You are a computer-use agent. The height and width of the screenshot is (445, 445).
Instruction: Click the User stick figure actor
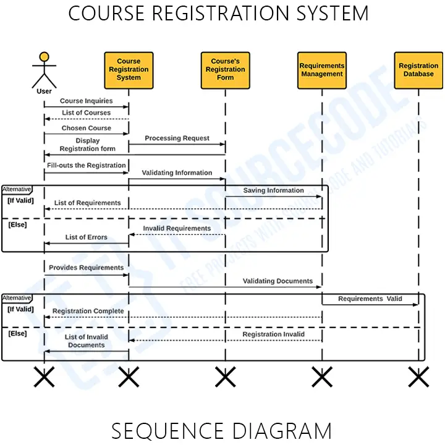point(44,70)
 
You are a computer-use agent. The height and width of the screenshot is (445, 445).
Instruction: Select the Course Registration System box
point(129,70)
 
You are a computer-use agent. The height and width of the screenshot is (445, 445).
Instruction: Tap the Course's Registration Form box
point(225,70)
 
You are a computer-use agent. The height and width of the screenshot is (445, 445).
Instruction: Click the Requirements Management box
point(321,70)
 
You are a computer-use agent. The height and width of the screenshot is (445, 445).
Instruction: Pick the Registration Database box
point(418,70)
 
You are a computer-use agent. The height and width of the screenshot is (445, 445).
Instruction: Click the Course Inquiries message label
point(86,101)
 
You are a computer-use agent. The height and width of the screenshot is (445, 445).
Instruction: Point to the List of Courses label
point(86,113)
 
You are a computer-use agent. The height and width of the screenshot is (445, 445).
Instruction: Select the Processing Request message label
point(177,138)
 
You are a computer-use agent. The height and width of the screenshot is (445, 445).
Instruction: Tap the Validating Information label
point(177,173)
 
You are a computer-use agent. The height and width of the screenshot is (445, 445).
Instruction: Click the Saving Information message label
point(273,190)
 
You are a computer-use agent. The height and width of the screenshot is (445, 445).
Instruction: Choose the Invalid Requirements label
point(177,229)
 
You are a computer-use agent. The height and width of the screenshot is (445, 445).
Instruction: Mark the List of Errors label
point(86,237)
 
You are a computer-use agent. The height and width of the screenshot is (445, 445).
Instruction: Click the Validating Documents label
point(278,281)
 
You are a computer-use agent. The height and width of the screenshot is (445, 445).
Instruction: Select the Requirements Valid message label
point(370,299)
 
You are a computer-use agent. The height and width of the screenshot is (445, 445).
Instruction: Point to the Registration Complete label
point(88,311)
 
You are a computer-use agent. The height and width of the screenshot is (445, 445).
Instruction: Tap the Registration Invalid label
point(273,334)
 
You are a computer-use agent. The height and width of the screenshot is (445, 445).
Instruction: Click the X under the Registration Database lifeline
point(418,376)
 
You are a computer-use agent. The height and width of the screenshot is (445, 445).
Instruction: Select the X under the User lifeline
point(44,376)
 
